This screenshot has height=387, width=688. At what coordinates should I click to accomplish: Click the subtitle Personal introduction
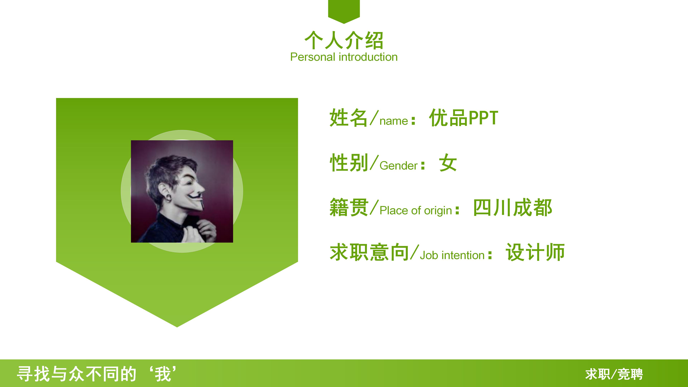[344, 57]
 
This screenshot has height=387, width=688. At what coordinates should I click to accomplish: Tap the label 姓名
[348, 118]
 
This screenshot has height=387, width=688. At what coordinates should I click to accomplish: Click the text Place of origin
[416, 211]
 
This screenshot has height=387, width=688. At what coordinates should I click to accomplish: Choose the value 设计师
[535, 252]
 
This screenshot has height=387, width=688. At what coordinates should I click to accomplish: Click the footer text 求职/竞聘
[614, 374]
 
